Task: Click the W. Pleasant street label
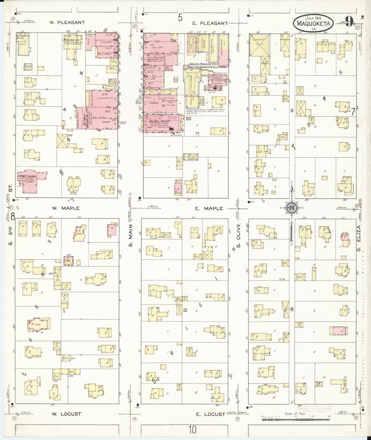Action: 67,22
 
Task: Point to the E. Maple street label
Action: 209,208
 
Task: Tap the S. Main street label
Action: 130,235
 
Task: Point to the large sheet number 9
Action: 349,22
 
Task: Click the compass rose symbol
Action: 292,208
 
